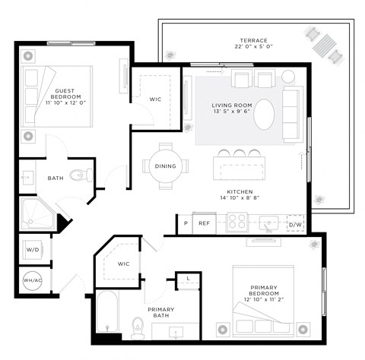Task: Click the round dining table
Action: pyautogui.click(x=166, y=166)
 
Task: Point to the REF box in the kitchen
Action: pyautogui.click(x=204, y=223)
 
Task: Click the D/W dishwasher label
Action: pyautogui.click(x=295, y=224)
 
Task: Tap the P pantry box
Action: pyautogui.click(x=185, y=223)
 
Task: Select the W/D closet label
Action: pyautogui.click(x=33, y=248)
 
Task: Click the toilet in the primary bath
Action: pyautogui.click(x=138, y=327)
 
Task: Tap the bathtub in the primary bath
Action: pyautogui.click(x=108, y=314)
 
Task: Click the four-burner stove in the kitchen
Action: pyautogui.click(x=236, y=221)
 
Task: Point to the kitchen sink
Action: pyautogui.click(x=268, y=223)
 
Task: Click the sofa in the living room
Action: pyautogui.click(x=293, y=114)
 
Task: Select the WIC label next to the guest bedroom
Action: pyautogui.click(x=155, y=99)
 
